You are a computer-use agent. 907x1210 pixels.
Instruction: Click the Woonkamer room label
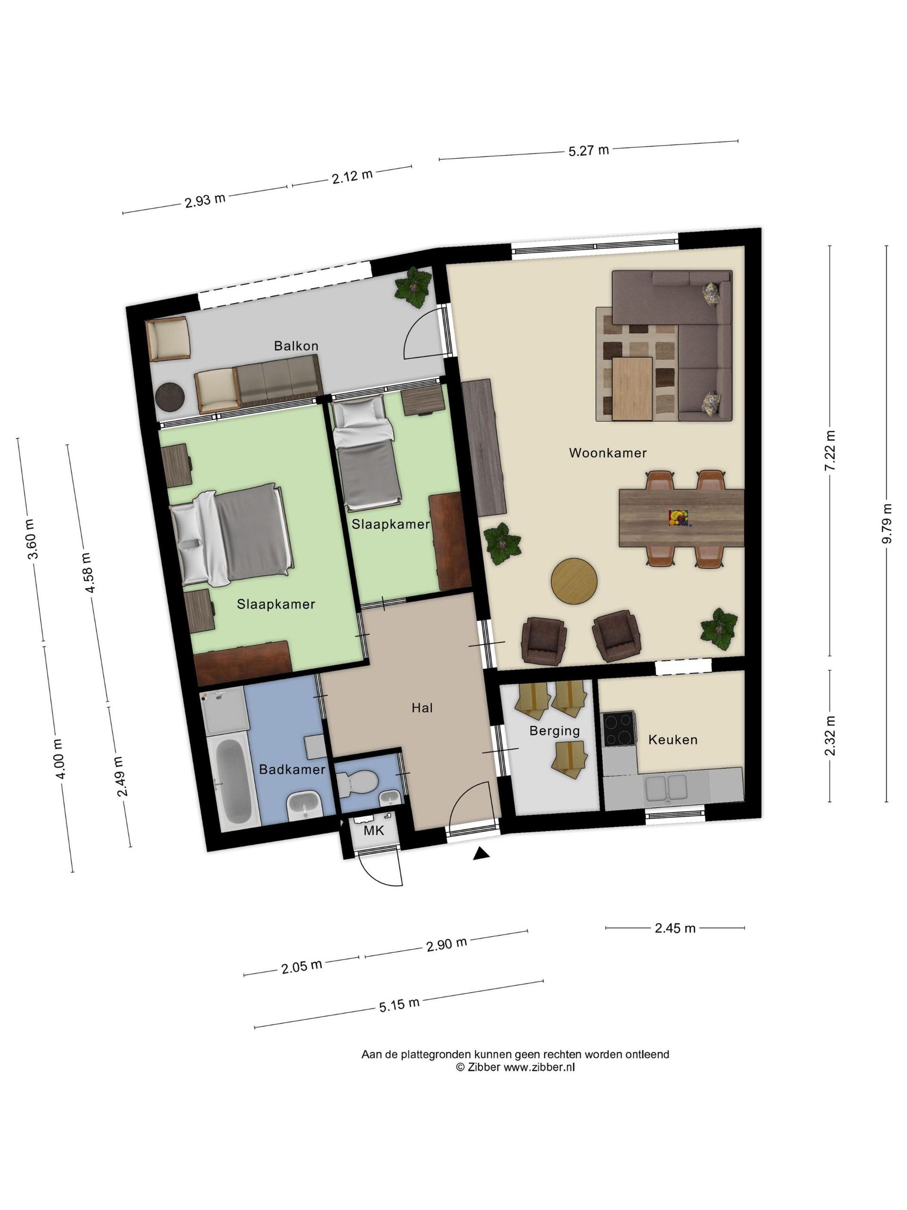click(x=608, y=453)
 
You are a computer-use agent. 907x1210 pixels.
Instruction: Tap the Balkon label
click(x=296, y=346)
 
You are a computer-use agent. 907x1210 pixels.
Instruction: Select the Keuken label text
click(x=673, y=740)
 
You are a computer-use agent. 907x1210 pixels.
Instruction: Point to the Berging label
click(x=555, y=731)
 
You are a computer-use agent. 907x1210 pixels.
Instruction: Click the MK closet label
click(x=374, y=830)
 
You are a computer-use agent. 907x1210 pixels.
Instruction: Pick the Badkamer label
click(x=292, y=769)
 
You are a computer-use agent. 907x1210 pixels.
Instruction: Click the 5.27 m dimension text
click(x=589, y=150)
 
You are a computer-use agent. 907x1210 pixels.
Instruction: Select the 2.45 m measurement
click(x=675, y=928)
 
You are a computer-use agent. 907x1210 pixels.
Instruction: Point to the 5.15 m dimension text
click(x=400, y=1005)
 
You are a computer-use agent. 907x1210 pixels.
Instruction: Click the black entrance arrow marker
click(x=480, y=853)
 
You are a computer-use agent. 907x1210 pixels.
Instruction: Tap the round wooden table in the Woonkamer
click(x=574, y=581)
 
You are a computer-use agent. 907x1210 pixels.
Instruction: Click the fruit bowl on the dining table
click(x=678, y=518)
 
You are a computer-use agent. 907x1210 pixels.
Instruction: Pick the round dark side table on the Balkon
click(x=170, y=396)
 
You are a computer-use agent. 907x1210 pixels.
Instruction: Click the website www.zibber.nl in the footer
click(x=539, y=1067)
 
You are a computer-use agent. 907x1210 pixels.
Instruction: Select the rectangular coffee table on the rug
click(x=633, y=389)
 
